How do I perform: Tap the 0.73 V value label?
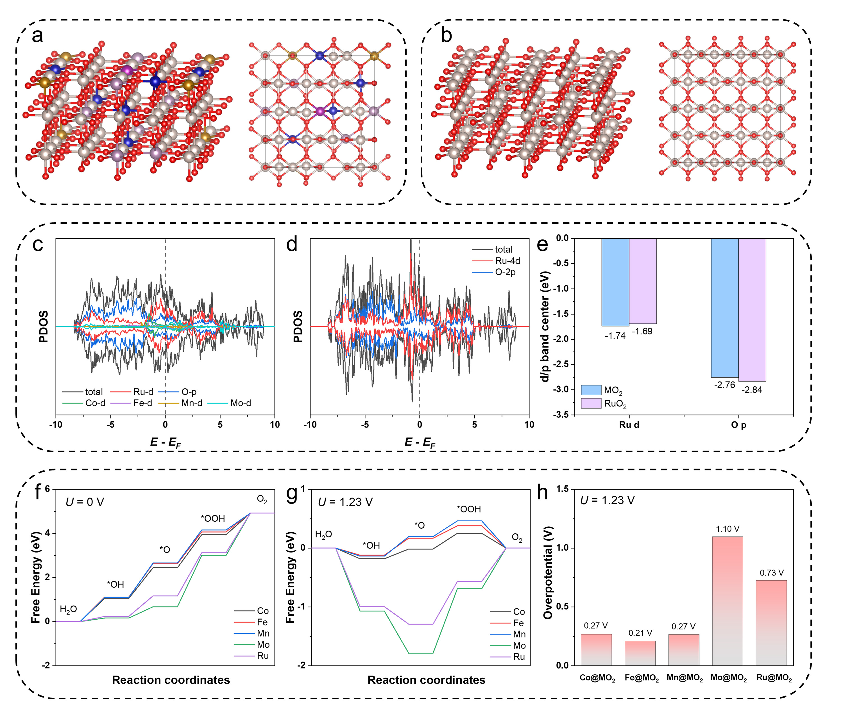tap(772, 573)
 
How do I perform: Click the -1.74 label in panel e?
tap(615, 336)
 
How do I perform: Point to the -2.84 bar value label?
tap(752, 390)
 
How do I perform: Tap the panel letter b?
tap(446, 35)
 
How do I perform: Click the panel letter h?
tap(543, 493)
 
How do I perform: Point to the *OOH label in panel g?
tap(469, 509)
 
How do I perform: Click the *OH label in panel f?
tap(115, 585)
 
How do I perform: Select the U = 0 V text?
tap(85, 502)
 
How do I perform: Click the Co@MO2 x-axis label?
tap(597, 678)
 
